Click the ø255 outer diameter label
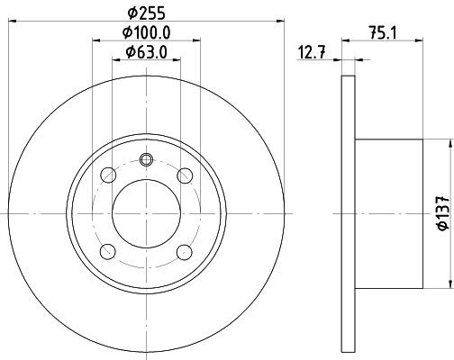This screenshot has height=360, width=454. click(147, 13)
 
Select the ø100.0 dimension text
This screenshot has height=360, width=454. click(147, 33)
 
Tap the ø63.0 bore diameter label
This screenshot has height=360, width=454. click(147, 53)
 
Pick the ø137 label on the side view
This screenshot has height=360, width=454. click(442, 213)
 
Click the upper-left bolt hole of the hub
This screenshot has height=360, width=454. click(108, 175)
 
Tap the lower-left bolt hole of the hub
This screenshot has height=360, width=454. click(108, 251)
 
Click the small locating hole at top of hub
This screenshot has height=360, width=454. click(147, 161)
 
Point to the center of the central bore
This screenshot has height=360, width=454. click(147, 213)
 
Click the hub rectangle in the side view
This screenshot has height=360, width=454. click(389, 213)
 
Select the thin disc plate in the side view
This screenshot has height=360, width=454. click(350, 213)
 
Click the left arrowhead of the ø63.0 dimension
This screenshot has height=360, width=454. click(115, 61)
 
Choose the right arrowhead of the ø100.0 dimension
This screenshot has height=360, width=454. click(198, 40)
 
